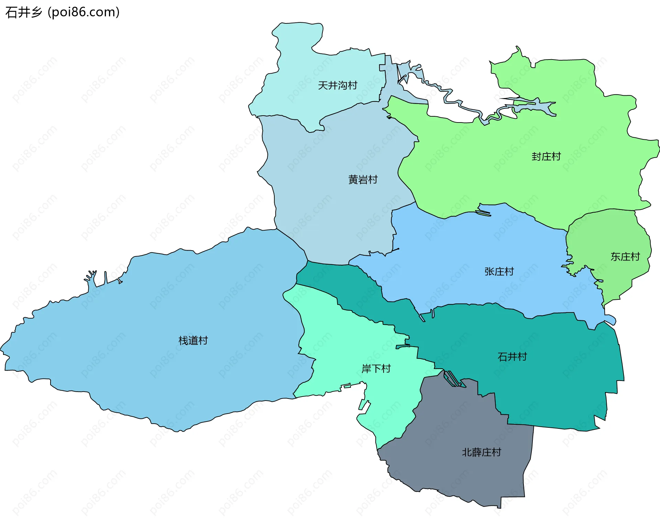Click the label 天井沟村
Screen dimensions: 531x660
[x=338, y=85]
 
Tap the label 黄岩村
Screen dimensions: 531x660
[x=363, y=179]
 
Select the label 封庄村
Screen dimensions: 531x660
[x=546, y=156]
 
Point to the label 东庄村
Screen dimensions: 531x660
[x=625, y=256]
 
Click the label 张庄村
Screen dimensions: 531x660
[x=499, y=271]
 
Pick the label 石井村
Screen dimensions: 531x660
[x=512, y=357]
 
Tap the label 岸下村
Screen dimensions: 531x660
[x=376, y=369]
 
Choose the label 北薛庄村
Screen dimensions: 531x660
[x=481, y=452]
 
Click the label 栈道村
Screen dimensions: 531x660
[x=193, y=340]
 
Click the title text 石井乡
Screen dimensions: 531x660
[x=23, y=12]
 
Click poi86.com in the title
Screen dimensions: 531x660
[x=84, y=12]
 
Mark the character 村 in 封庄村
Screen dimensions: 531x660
[x=556, y=156]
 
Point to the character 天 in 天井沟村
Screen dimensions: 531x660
[x=323, y=85]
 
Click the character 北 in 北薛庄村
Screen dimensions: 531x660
[x=466, y=452]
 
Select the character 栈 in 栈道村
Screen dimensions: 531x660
[x=184, y=340]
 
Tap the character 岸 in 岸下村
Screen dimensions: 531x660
[x=366, y=369]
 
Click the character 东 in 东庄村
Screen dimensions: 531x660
[x=615, y=256]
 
